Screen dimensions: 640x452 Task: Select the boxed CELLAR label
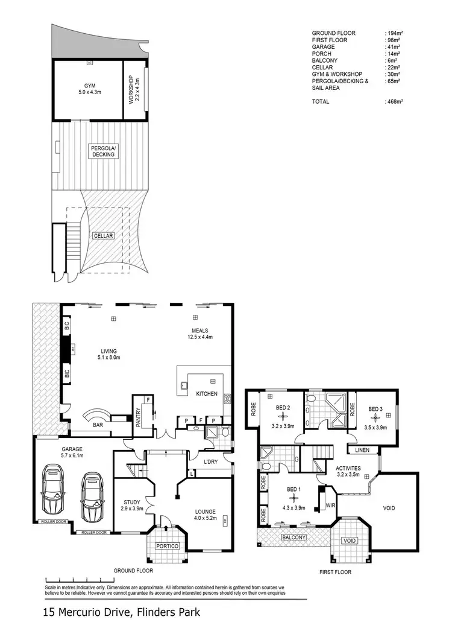103,236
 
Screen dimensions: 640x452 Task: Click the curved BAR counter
96,417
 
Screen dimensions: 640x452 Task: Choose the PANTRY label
138,417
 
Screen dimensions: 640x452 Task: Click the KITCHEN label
206,393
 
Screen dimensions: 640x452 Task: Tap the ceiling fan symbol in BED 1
293,498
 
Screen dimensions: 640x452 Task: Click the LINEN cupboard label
362,449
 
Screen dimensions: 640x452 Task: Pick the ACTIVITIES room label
348,467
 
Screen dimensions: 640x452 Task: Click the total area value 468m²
394,102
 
